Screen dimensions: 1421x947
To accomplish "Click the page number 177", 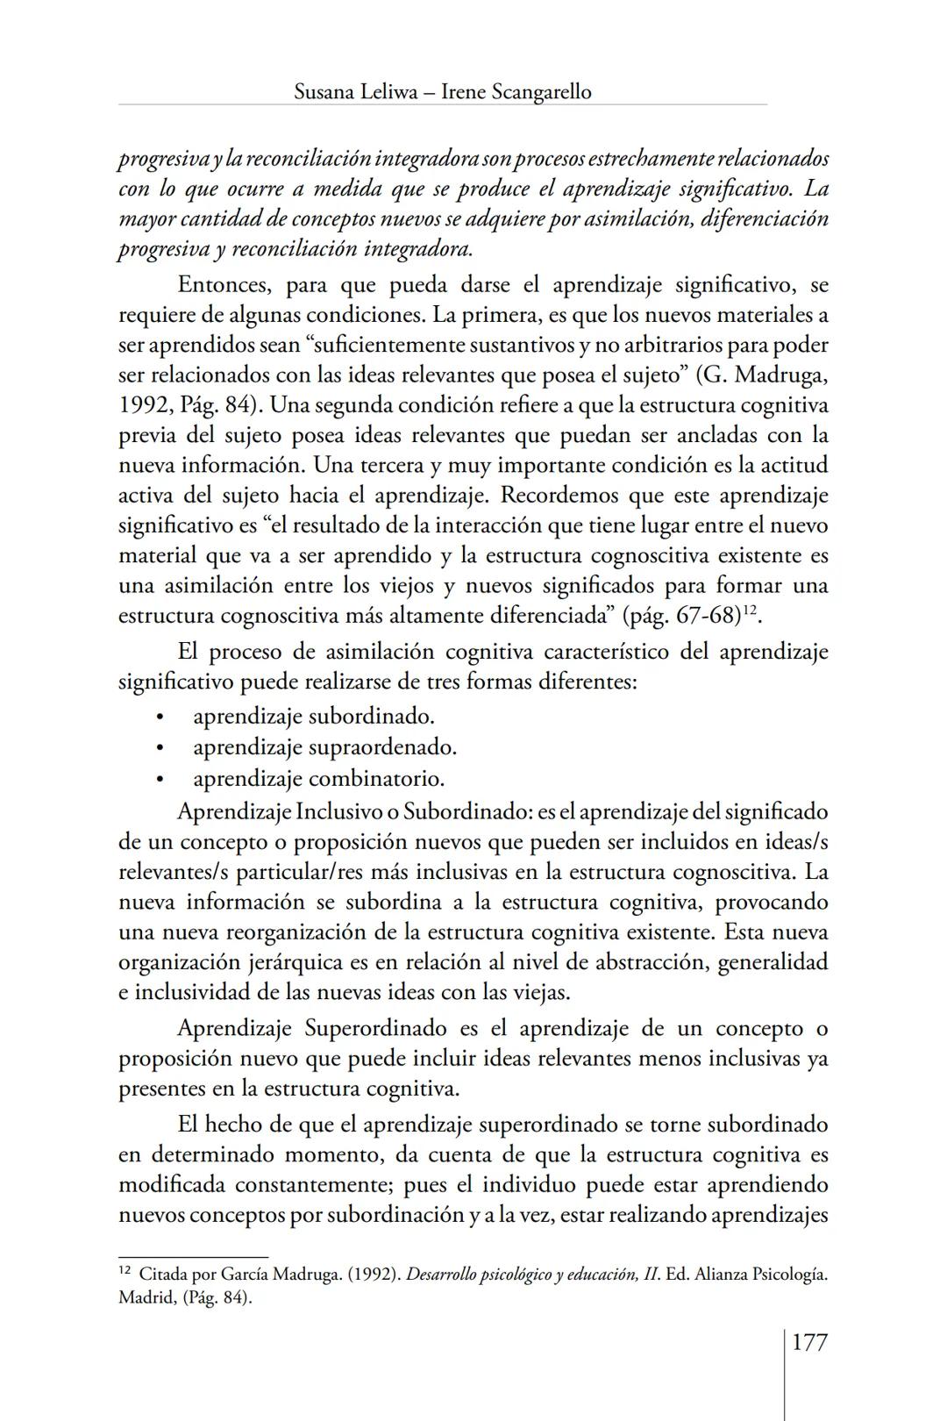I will coord(809,1342).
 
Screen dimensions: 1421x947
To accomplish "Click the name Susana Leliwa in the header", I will coord(352,91).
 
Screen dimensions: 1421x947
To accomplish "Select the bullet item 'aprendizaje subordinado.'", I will coord(314,717).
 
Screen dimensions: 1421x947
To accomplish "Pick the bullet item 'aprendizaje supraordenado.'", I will coord(325,747).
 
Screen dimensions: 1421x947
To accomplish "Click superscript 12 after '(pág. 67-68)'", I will coord(750,610).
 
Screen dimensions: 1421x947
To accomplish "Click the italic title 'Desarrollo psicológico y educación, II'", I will coord(532,1274).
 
